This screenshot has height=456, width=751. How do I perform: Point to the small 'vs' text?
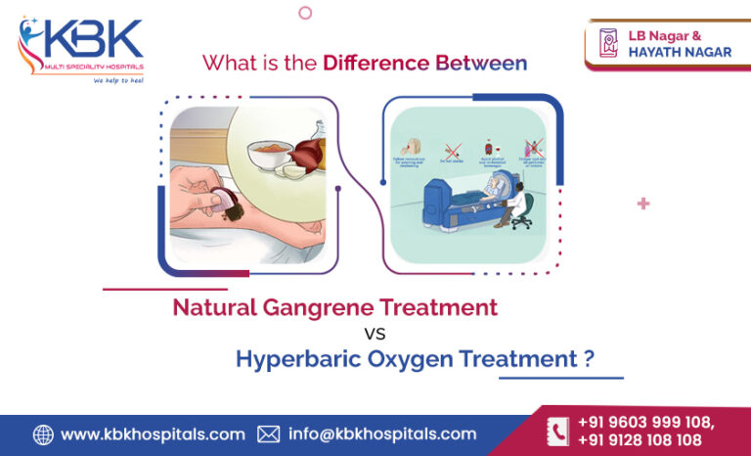375,333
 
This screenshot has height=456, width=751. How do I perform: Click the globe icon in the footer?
43,434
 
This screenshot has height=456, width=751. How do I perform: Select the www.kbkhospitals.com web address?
153,434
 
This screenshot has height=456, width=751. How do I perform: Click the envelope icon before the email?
268,434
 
